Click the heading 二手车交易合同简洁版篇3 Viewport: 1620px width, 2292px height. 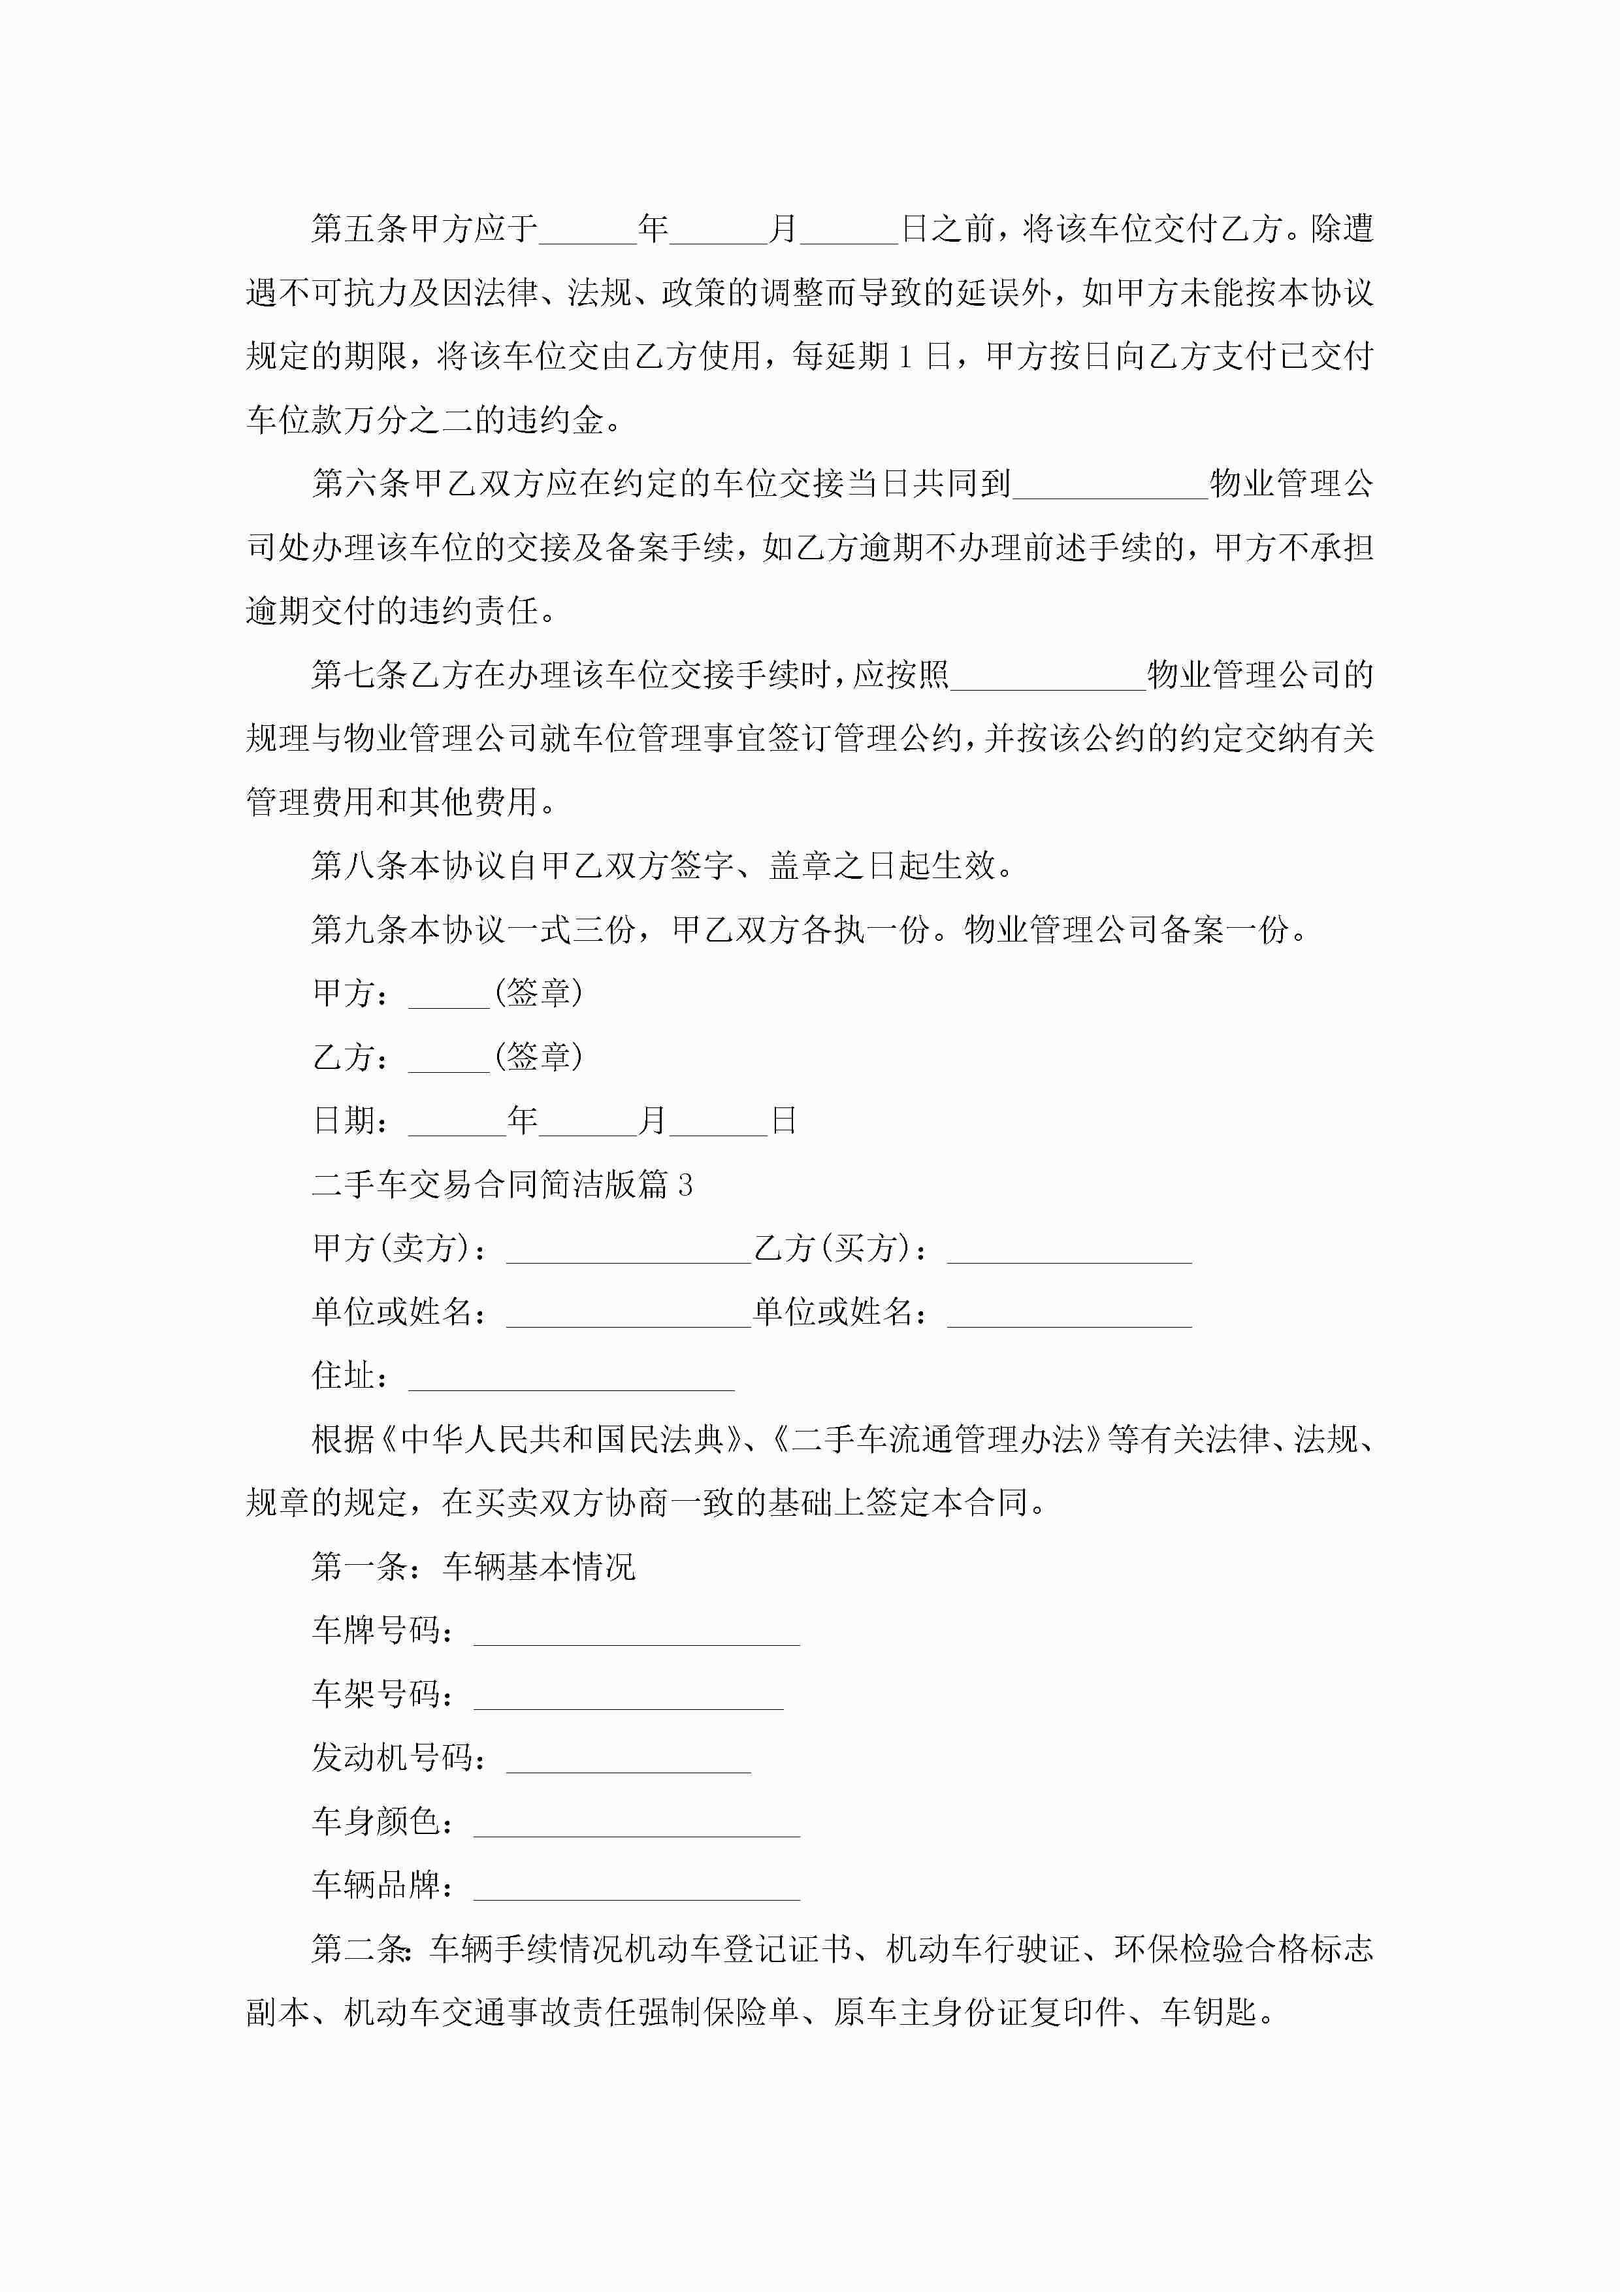(x=502, y=1185)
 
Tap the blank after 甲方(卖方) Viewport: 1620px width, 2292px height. (x=628, y=1251)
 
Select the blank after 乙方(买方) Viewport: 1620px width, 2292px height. (x=1069, y=1251)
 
